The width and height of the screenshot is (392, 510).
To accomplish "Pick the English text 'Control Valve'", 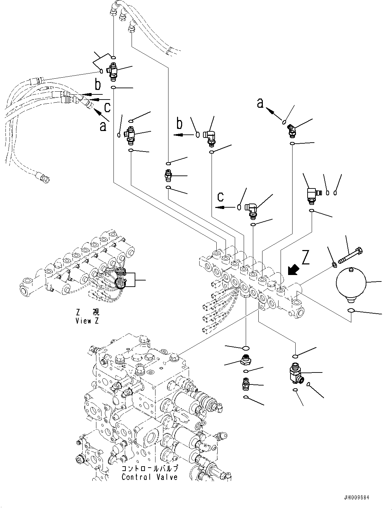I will pyautogui.click(x=150, y=477).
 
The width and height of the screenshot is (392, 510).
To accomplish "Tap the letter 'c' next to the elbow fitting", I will pyautogui.click(x=221, y=197).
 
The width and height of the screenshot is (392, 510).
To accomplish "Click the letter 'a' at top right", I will pyautogui.click(x=261, y=103).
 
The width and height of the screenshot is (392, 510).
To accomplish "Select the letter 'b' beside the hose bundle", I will pyautogui.click(x=98, y=85).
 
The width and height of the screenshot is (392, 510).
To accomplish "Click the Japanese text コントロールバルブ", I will pyautogui.click(x=150, y=469).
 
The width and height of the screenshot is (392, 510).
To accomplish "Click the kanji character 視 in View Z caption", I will pyautogui.click(x=95, y=313).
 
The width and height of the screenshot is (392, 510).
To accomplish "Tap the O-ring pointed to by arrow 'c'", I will pyautogui.click(x=239, y=207).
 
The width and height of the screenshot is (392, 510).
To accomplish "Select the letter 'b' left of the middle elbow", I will pyautogui.click(x=180, y=123).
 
